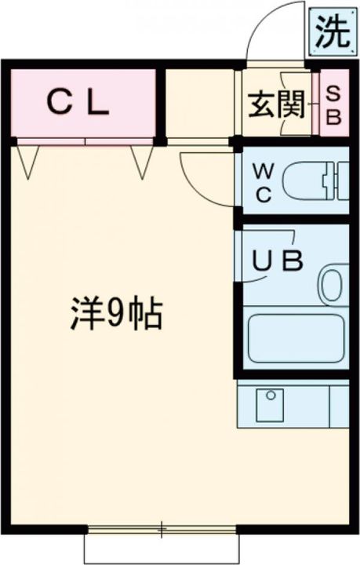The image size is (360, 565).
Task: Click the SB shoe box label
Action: [333, 105]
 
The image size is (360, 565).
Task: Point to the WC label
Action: [264, 182]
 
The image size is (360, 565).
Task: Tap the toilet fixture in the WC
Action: [314, 181]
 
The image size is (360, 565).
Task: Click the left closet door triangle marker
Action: [29, 162]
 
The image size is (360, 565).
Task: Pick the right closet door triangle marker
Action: [141, 162]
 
